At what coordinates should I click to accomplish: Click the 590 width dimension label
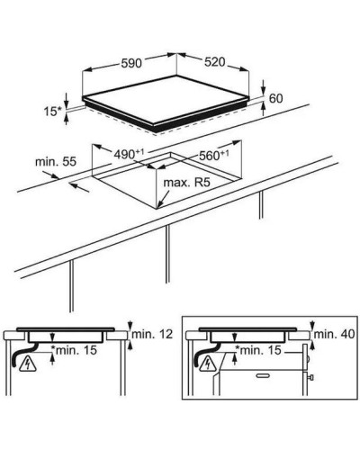[x=131, y=63]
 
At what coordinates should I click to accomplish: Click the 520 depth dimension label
[x=214, y=62]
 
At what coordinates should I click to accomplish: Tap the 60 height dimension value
[x=275, y=98]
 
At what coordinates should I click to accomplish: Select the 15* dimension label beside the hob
[x=52, y=112]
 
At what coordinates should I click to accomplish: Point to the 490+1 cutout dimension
[x=129, y=154]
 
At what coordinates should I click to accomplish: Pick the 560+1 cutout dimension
[x=214, y=155]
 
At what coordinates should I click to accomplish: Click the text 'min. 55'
[x=56, y=162]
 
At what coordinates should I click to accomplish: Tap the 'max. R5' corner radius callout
[x=186, y=183]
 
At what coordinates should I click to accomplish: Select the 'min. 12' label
[x=152, y=334]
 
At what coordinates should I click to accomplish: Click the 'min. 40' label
[x=335, y=334]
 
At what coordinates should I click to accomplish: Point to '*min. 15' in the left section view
[x=74, y=350]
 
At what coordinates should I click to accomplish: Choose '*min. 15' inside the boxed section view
[x=258, y=350]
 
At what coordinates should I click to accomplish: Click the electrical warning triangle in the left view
[x=28, y=364]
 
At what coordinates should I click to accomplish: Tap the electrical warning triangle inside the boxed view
[x=208, y=364]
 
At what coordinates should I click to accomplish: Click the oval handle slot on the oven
[x=264, y=375]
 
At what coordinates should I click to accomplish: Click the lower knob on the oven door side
[x=311, y=376]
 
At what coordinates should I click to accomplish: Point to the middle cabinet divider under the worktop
[x=167, y=254]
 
